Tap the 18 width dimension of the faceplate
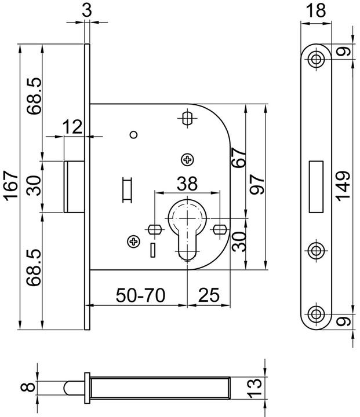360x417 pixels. [x=315, y=10]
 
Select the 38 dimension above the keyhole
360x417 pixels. [x=187, y=184]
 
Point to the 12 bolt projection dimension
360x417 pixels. [x=74, y=127]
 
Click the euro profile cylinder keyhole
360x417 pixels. [x=187, y=229]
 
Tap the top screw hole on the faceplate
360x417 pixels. [x=316, y=58]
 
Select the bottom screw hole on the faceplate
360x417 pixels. [x=316, y=314]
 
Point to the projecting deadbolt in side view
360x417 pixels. [x=74, y=186]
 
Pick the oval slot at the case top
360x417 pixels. [x=187, y=118]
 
